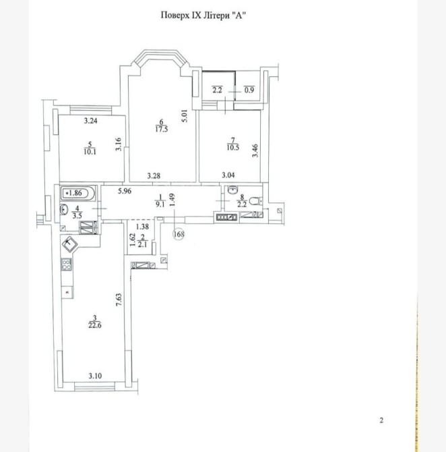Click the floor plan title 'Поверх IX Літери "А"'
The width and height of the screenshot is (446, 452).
coord(203,16)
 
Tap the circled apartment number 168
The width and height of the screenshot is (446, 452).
coord(179,234)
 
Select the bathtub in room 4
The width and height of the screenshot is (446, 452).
coord(77,193)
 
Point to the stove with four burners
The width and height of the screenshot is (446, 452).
coord(67,264)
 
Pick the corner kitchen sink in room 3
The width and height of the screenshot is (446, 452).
coord(69,244)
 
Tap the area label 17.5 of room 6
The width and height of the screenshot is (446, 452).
coord(162,130)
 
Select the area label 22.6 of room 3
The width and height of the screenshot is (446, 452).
coord(95,325)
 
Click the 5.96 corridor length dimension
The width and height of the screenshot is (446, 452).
coord(125,191)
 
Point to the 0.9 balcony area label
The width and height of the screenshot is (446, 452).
coord(249,90)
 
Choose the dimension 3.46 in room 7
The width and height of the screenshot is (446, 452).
coord(255,150)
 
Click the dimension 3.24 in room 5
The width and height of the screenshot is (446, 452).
coord(91,121)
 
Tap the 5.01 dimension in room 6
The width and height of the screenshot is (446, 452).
coord(185,115)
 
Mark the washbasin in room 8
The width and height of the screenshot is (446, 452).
coord(232,190)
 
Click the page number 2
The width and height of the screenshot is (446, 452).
coord(381,420)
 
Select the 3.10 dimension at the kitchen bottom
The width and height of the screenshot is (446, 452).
coord(95,376)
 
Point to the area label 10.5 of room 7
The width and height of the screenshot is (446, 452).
coord(233,148)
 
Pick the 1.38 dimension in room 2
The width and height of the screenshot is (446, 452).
coord(142,227)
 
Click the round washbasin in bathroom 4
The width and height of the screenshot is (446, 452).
coord(63,209)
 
